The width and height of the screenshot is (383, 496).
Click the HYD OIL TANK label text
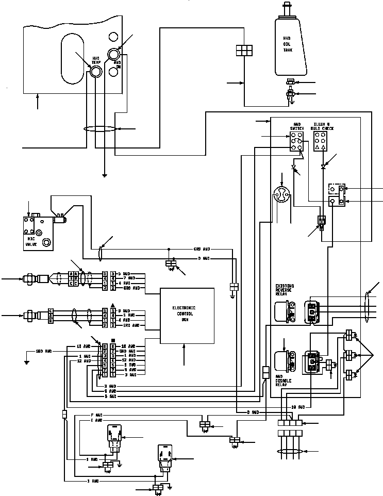[x=288, y=44]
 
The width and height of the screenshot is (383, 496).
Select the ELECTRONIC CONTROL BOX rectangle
[x=187, y=316]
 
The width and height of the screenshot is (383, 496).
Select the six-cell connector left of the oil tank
[x=243, y=50]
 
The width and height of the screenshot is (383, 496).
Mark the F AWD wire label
[x=96, y=415]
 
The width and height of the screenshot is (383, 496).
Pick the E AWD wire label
[x=96, y=420]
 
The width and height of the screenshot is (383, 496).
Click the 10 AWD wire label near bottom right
[x=297, y=407]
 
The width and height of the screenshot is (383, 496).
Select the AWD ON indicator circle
[x=113, y=54]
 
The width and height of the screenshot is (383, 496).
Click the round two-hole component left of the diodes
[x=282, y=195]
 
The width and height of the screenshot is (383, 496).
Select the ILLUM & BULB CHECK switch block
[x=320, y=141]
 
